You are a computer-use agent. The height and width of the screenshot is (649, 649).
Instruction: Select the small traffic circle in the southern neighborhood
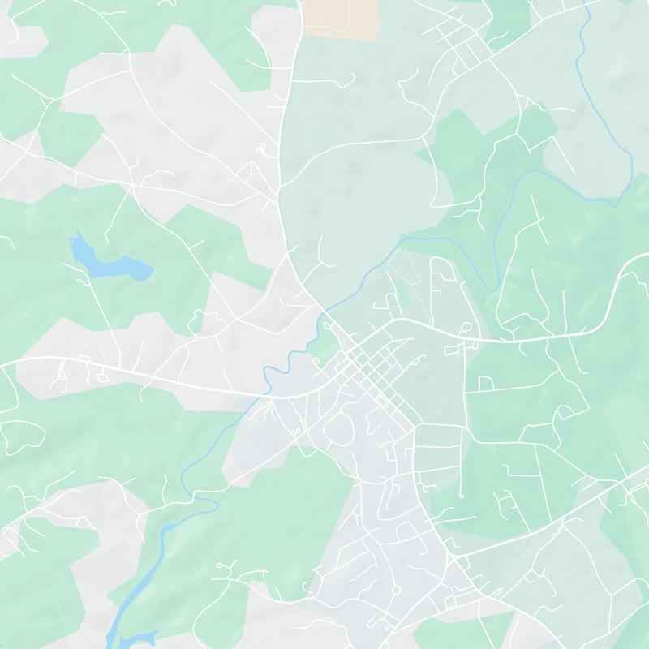tap(395, 590)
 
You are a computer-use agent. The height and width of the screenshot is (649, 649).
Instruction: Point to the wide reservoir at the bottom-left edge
tap(130, 633)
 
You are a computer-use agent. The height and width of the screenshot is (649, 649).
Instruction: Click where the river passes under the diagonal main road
tap(323, 313)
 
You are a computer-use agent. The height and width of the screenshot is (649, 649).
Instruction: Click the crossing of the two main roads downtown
tap(350, 350)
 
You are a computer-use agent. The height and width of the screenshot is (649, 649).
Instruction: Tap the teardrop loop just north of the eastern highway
tap(463, 326)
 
